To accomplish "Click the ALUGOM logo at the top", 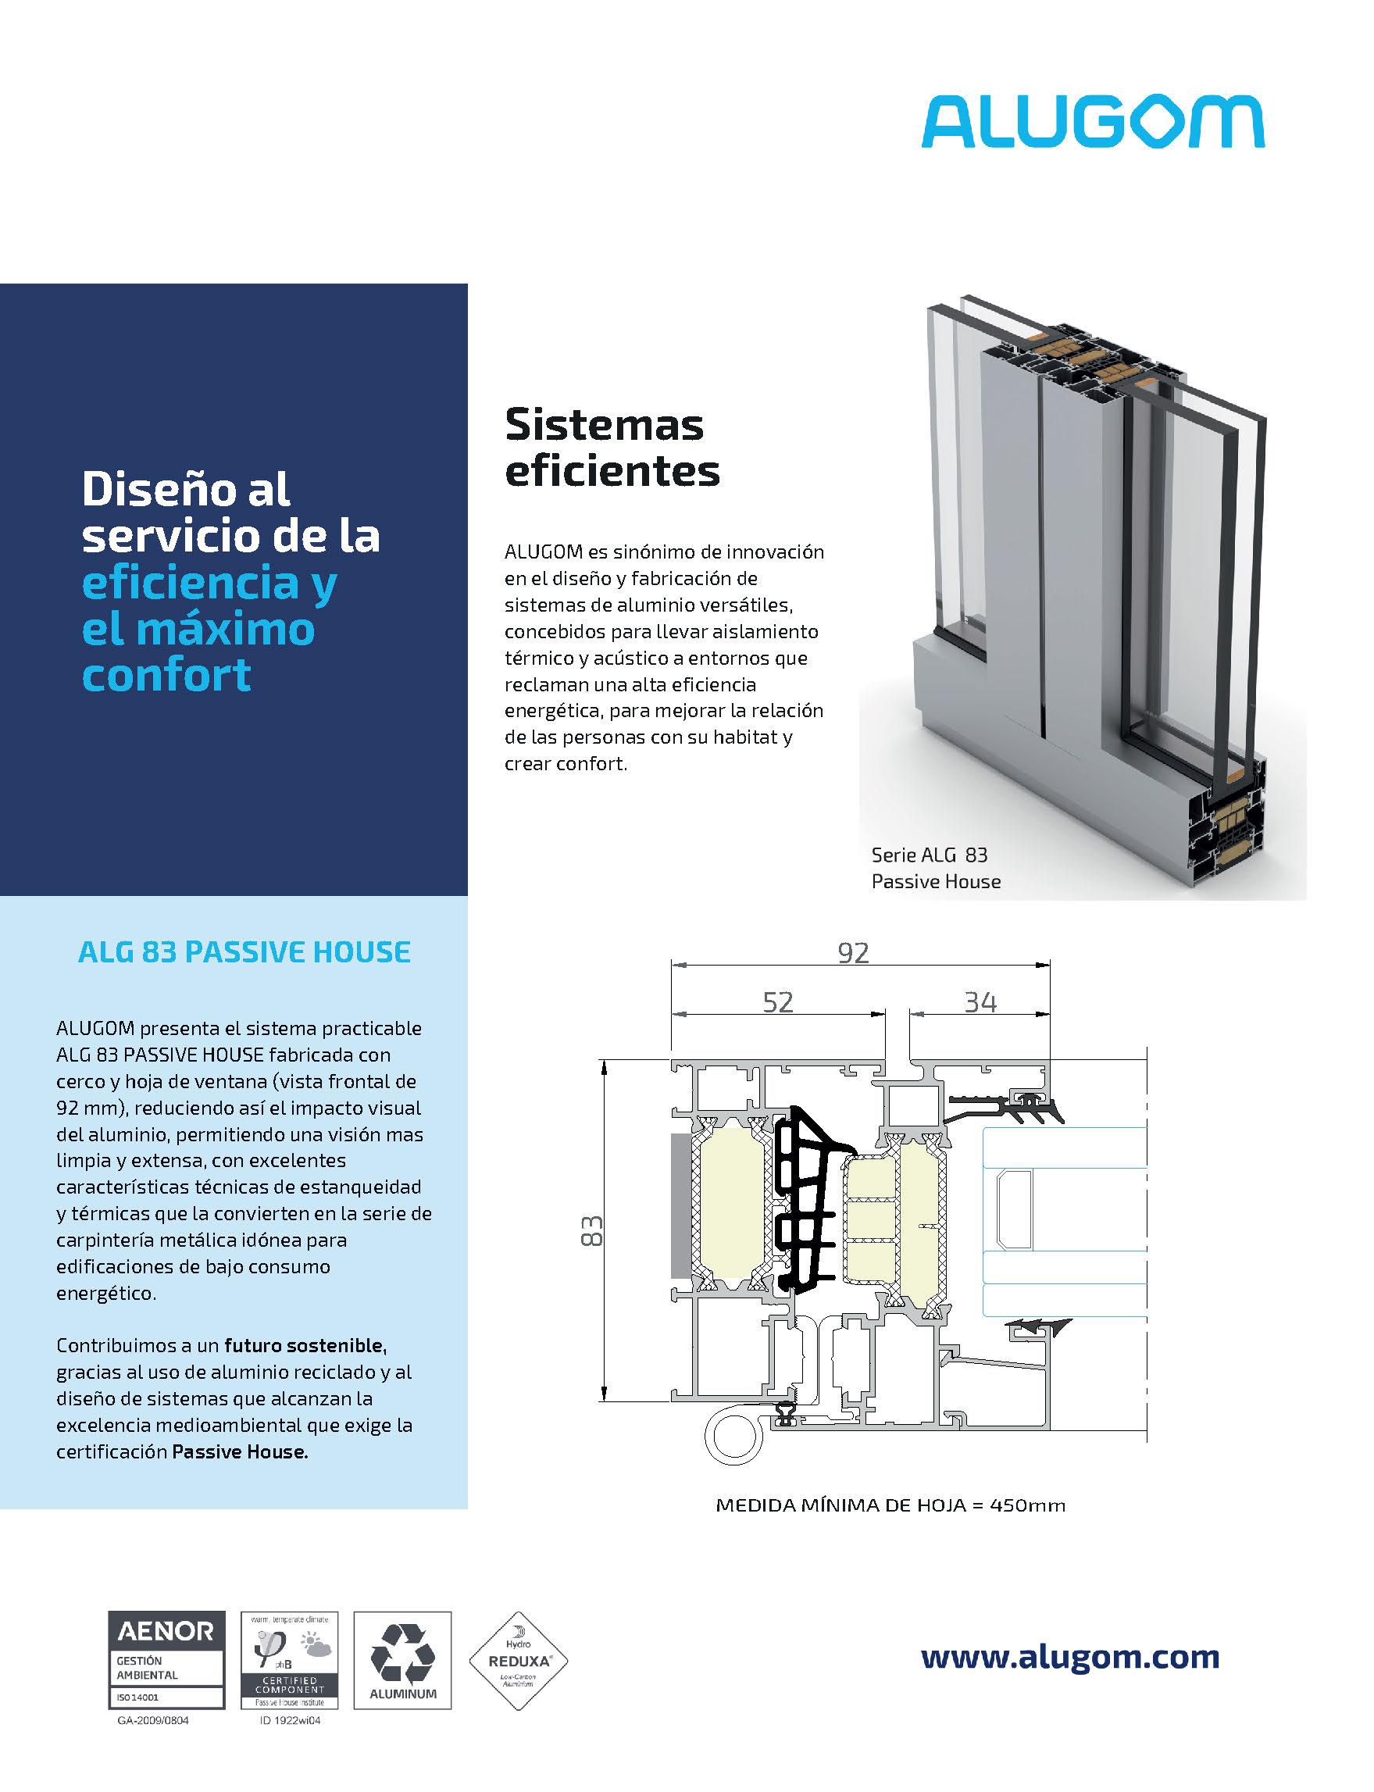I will point(1093,123).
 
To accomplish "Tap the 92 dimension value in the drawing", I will point(853,953).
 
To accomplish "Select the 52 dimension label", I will point(778,1002).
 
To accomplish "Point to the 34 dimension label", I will point(980,1002).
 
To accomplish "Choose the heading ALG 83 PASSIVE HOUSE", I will point(244,952).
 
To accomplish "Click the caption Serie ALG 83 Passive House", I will point(936,868).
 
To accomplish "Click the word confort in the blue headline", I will point(166,676).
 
